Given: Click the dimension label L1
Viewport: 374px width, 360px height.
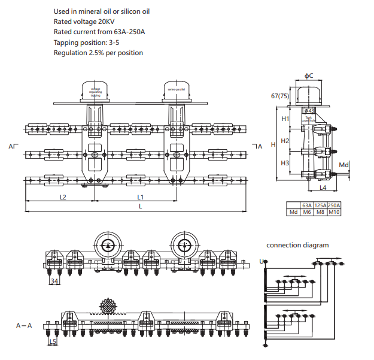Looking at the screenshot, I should (140, 196).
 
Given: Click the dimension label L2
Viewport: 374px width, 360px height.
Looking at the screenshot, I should (62, 196).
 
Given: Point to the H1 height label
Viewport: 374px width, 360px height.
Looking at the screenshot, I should (285, 119).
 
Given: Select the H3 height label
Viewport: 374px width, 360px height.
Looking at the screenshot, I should (285, 163).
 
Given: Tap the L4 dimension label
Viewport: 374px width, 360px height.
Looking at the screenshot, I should (323, 188).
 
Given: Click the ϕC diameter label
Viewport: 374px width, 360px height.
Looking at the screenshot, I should (309, 75).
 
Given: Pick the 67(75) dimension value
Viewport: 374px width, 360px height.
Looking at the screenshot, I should (280, 96).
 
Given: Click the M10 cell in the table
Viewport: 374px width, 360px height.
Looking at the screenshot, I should (334, 212).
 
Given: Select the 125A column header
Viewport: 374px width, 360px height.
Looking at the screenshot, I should (320, 205).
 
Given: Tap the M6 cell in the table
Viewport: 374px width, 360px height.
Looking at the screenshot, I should (306, 212).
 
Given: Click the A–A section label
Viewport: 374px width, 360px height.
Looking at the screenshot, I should (25, 325).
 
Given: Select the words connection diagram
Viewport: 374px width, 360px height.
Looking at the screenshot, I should (297, 245).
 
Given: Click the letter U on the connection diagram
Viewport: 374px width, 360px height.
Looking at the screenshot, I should (262, 261).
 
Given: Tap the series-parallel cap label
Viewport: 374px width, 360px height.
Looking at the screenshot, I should (176, 89).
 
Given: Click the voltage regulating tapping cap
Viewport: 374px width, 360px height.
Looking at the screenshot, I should (96, 92).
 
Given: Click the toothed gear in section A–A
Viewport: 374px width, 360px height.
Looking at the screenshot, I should (108, 307).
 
